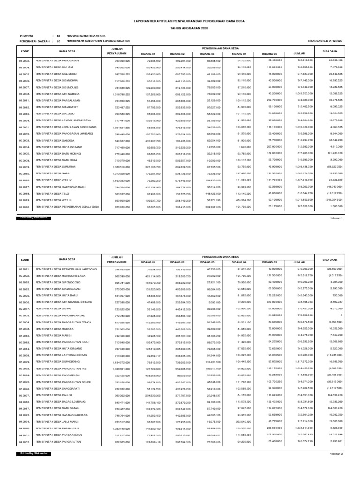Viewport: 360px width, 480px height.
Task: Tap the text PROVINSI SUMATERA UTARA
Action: pyautogui.click(x=86, y=36)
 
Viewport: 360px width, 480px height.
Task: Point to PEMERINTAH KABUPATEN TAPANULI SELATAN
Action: pyautogui.click(x=97, y=41)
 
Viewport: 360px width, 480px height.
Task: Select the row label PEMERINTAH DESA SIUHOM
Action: pyautogui.click(x=51, y=67)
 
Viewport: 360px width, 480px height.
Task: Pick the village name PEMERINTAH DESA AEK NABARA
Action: pyautogui.click(x=55, y=94)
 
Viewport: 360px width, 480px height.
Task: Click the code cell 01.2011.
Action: pyautogui.click(x=24, y=101)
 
